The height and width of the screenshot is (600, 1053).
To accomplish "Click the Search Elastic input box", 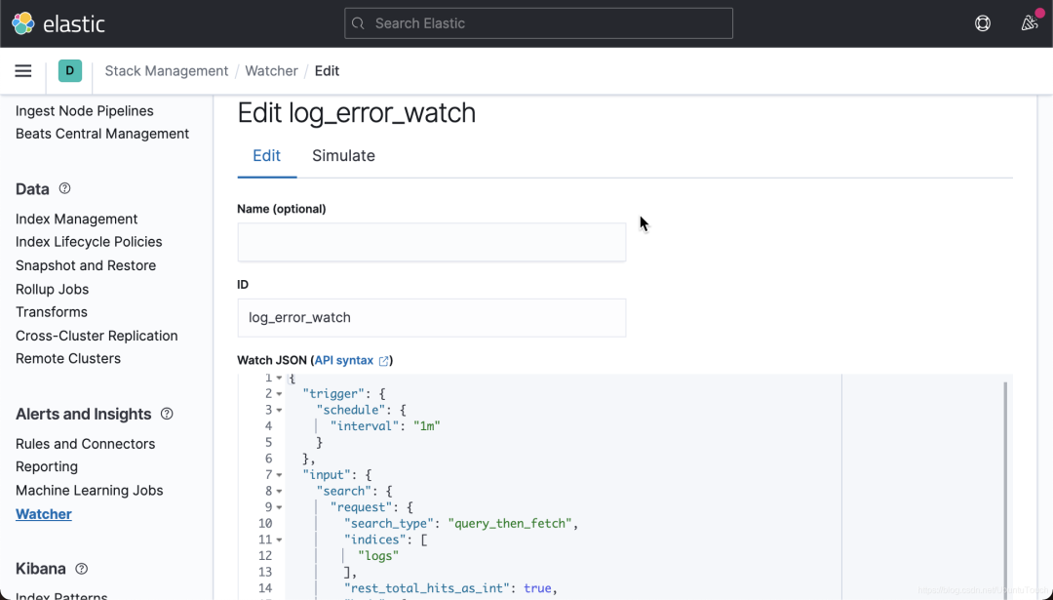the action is point(538,23).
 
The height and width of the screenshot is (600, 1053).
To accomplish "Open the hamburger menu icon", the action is point(22,70).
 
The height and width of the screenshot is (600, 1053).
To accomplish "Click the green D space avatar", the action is point(70,70).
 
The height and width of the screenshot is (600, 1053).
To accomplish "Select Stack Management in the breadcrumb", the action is point(167,70).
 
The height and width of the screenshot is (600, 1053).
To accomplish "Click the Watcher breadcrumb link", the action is point(271,70).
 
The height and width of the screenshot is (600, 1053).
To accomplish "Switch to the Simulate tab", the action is point(343,155).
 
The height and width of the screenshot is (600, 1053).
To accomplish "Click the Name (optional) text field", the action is point(431,242).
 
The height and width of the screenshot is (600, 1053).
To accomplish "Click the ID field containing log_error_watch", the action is point(431,318).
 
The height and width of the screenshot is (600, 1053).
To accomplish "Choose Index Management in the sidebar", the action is point(77,220).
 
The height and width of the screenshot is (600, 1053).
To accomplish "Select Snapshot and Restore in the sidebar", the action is point(86,265).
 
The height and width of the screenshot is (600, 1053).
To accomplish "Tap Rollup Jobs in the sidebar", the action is point(53,289).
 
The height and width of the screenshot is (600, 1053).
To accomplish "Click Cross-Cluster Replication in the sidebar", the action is point(97,336).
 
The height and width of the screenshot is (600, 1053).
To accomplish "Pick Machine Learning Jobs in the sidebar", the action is point(90,491).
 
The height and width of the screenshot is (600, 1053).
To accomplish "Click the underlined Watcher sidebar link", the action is point(44,514).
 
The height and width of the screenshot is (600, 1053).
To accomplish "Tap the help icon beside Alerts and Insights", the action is point(167,414).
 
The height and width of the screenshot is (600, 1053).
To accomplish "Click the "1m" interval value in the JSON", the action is point(426,426).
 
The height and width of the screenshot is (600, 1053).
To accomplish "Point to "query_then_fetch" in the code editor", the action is point(510,523).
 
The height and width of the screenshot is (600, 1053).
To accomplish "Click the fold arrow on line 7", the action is point(279,475).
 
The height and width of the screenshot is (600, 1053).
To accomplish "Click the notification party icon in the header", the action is point(1030,22).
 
